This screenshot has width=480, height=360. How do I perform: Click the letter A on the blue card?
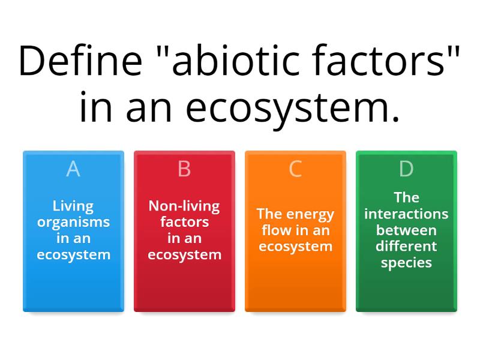coord(73,169)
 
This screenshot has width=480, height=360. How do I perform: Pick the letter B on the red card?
coord(184,169)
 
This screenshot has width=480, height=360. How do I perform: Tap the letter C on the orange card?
coord(295,169)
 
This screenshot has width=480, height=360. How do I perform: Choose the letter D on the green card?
coord(406,169)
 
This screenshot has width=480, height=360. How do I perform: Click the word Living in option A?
coord(73,206)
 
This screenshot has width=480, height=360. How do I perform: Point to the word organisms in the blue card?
coord(73,222)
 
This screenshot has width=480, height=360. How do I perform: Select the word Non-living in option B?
coord(184,206)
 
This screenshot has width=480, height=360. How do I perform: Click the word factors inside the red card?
coord(184,222)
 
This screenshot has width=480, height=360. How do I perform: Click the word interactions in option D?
coord(406,214)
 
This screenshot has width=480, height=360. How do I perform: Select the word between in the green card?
coord(406,230)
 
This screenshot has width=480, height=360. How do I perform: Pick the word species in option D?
coord(406,262)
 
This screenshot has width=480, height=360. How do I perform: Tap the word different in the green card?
coord(406,246)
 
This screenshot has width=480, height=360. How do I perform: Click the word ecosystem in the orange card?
coord(295,246)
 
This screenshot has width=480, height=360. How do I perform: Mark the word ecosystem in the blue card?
coord(73,254)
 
